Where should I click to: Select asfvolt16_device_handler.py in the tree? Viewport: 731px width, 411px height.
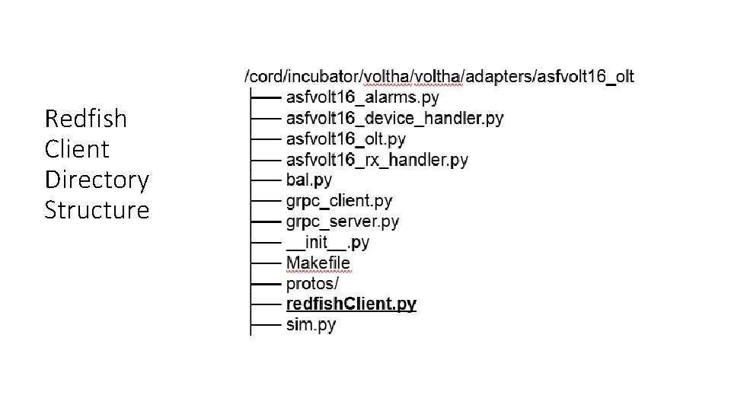point(394,119)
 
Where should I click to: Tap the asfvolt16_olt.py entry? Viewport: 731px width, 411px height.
point(346,139)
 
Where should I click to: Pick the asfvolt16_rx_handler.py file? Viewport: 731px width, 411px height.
point(377,160)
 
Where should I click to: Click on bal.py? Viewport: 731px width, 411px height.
point(309,180)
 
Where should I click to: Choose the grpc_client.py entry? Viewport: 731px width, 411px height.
point(339,201)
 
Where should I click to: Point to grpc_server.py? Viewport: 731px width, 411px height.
point(342,221)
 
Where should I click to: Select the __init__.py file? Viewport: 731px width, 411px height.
point(327,242)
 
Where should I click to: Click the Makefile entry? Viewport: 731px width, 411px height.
point(318,263)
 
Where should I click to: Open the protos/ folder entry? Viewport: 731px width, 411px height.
point(312,283)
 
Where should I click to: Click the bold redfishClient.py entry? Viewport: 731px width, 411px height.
point(351,304)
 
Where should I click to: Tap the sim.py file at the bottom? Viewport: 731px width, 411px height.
point(311,324)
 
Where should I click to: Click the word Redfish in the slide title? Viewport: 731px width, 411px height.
point(86,119)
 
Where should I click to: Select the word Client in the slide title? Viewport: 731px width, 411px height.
point(77,149)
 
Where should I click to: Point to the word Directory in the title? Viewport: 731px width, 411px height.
point(97,180)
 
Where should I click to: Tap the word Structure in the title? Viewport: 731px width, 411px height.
point(97,210)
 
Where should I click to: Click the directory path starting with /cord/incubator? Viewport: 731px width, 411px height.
point(439,76)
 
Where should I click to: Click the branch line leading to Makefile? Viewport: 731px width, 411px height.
point(266,263)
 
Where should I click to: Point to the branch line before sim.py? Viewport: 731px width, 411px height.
point(266,325)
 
